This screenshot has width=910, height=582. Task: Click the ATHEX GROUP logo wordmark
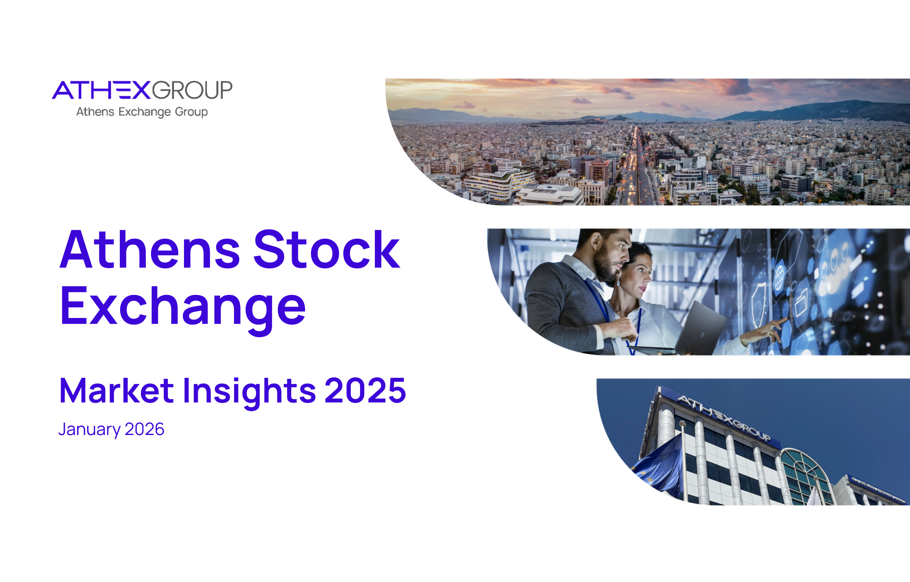coord(142,90)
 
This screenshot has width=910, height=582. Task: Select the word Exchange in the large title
coord(183,307)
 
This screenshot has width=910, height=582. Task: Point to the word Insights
coord(249,392)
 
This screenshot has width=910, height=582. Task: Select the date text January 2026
coord(111,429)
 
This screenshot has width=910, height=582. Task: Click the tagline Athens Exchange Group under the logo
coord(142,112)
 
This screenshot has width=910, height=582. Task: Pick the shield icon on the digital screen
coord(758,302)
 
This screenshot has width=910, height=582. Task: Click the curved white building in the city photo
coord(499,183)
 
